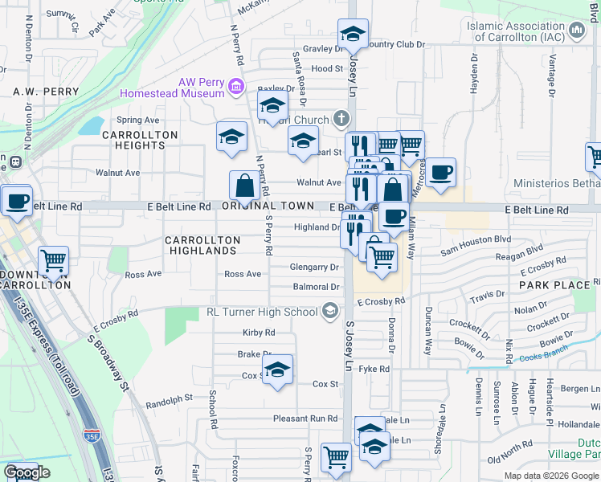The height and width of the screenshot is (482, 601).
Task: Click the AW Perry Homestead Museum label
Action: coord(172,88)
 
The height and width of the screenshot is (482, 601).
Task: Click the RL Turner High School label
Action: coord(263,312)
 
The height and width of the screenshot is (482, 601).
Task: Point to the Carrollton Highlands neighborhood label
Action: coord(202,245)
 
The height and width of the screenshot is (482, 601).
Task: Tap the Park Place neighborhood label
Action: coord(554,285)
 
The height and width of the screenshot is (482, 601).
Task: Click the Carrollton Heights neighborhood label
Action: coord(134,140)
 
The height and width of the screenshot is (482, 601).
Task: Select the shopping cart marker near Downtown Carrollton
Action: coord(53,259)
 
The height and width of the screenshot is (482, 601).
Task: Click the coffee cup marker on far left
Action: coord(16,201)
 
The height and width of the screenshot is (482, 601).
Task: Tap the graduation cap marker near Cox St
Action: coord(278,370)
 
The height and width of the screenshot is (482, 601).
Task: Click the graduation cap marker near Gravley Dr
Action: coord(352,35)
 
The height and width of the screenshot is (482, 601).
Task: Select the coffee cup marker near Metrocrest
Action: coord(440,172)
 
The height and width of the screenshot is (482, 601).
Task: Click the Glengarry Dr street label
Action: coord(315,267)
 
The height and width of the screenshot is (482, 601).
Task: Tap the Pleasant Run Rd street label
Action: coord(305,419)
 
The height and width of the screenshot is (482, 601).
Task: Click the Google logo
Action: coord(27,472)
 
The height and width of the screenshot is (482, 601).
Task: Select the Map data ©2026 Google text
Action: coord(550,476)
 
